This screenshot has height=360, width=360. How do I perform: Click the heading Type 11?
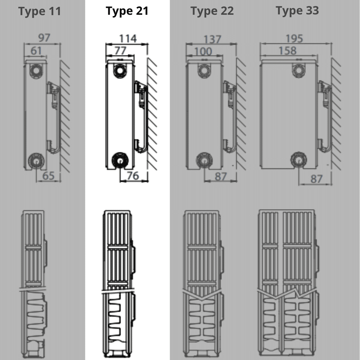click(x=40, y=11)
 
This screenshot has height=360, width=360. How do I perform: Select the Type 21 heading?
click(x=127, y=11)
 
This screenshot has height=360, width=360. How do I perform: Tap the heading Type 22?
click(x=212, y=11)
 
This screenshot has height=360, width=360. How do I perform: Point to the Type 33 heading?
click(x=297, y=10)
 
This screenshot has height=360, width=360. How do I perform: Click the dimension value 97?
click(x=44, y=37)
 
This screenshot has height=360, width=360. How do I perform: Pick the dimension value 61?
click(x=36, y=51)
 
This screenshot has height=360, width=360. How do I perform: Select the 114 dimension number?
click(x=128, y=39)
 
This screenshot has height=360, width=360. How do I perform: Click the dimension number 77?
click(x=120, y=51)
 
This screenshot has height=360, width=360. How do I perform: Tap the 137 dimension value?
click(x=212, y=40)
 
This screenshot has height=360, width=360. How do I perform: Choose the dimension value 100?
click(x=203, y=51)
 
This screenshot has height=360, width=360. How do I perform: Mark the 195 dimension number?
click(x=294, y=39)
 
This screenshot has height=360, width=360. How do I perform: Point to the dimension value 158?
click(x=287, y=51)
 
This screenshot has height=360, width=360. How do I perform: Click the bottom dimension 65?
click(x=49, y=176)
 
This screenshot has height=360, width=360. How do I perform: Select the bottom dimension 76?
click(x=133, y=176)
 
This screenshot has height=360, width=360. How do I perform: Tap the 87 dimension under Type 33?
click(x=316, y=179)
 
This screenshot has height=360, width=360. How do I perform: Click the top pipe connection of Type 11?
click(x=36, y=70)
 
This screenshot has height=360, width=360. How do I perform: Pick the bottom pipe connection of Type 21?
click(x=120, y=161)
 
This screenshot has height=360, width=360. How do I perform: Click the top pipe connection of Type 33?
click(x=298, y=70)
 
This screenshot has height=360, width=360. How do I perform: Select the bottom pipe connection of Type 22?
click(x=204, y=161)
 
